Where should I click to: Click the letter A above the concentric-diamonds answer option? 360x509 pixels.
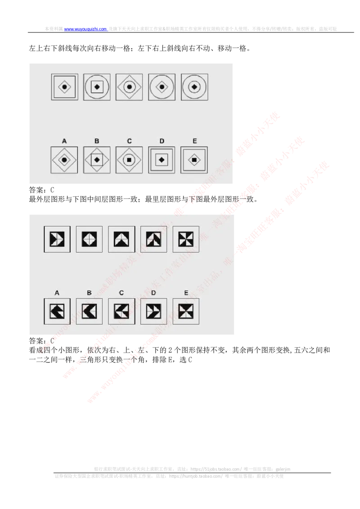click(64, 141)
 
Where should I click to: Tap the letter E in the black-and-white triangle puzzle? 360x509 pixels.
click(186, 293)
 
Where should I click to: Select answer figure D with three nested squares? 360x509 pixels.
click(162, 160)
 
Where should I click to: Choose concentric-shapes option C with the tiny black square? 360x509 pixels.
click(129, 160)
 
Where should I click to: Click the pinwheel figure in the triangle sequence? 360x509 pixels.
click(186, 239)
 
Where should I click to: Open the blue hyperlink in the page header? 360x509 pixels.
click(85, 29)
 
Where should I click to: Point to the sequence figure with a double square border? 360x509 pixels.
click(64, 87)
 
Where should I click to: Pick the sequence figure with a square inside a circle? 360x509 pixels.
click(97, 87)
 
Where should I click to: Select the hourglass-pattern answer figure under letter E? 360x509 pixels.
click(186, 311)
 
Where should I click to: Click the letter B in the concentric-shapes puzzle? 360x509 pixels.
click(97, 141)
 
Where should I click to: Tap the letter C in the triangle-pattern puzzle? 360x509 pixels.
click(121, 293)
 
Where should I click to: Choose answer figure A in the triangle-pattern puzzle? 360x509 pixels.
click(57, 311)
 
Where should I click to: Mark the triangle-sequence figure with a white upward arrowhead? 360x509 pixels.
click(121, 239)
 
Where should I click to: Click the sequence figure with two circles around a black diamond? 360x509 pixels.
click(194, 87)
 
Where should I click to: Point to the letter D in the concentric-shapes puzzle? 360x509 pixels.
click(162, 141)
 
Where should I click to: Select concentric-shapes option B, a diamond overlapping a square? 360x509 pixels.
click(97, 160)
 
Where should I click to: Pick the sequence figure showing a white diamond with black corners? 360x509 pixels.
click(89, 239)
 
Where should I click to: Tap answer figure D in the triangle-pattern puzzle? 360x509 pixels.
click(154, 311)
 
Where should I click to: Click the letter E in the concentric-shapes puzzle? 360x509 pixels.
click(194, 141)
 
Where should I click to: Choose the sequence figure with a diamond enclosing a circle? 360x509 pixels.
click(129, 87)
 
